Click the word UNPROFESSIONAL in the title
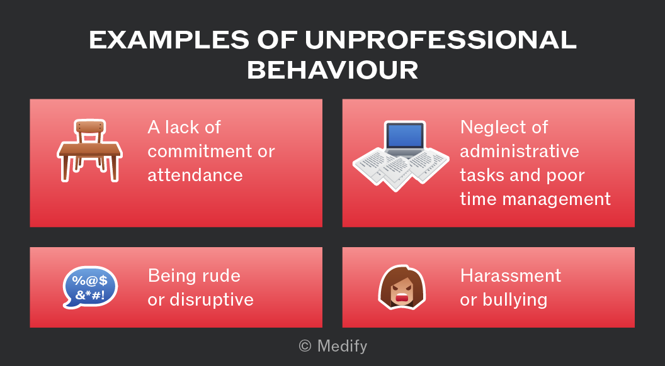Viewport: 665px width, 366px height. click(x=441, y=40)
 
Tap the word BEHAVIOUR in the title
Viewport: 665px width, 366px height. click(x=332, y=70)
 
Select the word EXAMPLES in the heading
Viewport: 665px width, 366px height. click(x=169, y=40)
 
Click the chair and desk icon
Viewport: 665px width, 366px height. click(x=89, y=151)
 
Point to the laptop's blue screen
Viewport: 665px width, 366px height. click(x=404, y=136)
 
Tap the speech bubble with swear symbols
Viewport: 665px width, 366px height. click(x=90, y=287)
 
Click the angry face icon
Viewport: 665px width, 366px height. click(x=402, y=287)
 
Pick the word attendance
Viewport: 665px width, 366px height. click(x=195, y=175)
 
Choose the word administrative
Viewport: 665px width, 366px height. click(x=520, y=151)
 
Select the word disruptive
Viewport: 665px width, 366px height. click(x=211, y=301)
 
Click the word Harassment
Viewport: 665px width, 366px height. click(x=511, y=276)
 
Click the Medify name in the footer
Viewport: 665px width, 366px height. click(x=342, y=347)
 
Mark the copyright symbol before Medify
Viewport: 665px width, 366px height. click(x=305, y=347)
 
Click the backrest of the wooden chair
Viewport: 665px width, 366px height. click(x=90, y=126)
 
